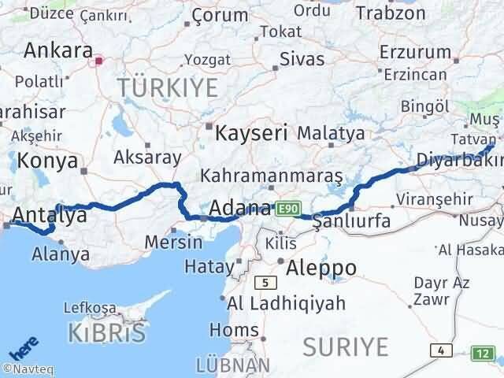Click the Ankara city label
coord(57,51)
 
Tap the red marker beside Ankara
coord(99,59)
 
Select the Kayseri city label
coord(252,132)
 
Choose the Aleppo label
coord(321,267)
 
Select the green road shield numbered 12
coord(483,353)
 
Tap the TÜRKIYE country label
coord(167,87)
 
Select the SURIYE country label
coord(346,346)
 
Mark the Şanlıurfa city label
coord(351,220)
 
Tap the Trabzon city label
coord(391,13)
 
